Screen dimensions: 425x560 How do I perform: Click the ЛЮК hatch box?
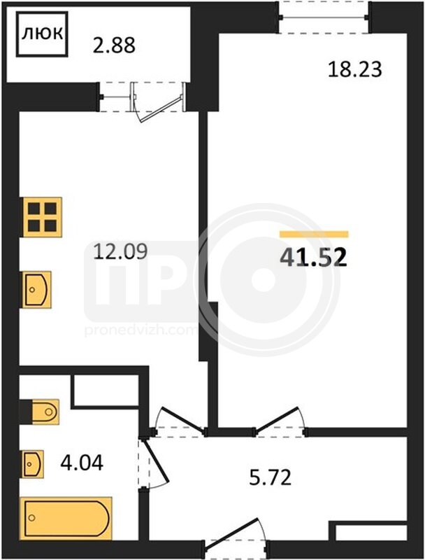(x=42, y=34)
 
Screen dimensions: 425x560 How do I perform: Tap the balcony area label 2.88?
(x=114, y=45)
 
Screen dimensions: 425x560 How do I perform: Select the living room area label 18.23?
(x=355, y=69)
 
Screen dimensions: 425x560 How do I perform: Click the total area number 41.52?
(x=313, y=258)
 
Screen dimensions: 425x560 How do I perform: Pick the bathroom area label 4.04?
(x=82, y=463)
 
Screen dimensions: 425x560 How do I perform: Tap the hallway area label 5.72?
(x=271, y=477)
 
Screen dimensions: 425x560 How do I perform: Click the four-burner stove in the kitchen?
(x=43, y=217)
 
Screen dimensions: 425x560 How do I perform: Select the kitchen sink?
(x=37, y=290)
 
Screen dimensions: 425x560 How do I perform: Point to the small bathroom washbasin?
(x=33, y=464)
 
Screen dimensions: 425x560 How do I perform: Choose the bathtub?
(x=66, y=518)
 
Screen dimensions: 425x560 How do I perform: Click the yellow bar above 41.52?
(x=314, y=234)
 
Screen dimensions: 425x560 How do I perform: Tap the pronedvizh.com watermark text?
(x=141, y=330)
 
